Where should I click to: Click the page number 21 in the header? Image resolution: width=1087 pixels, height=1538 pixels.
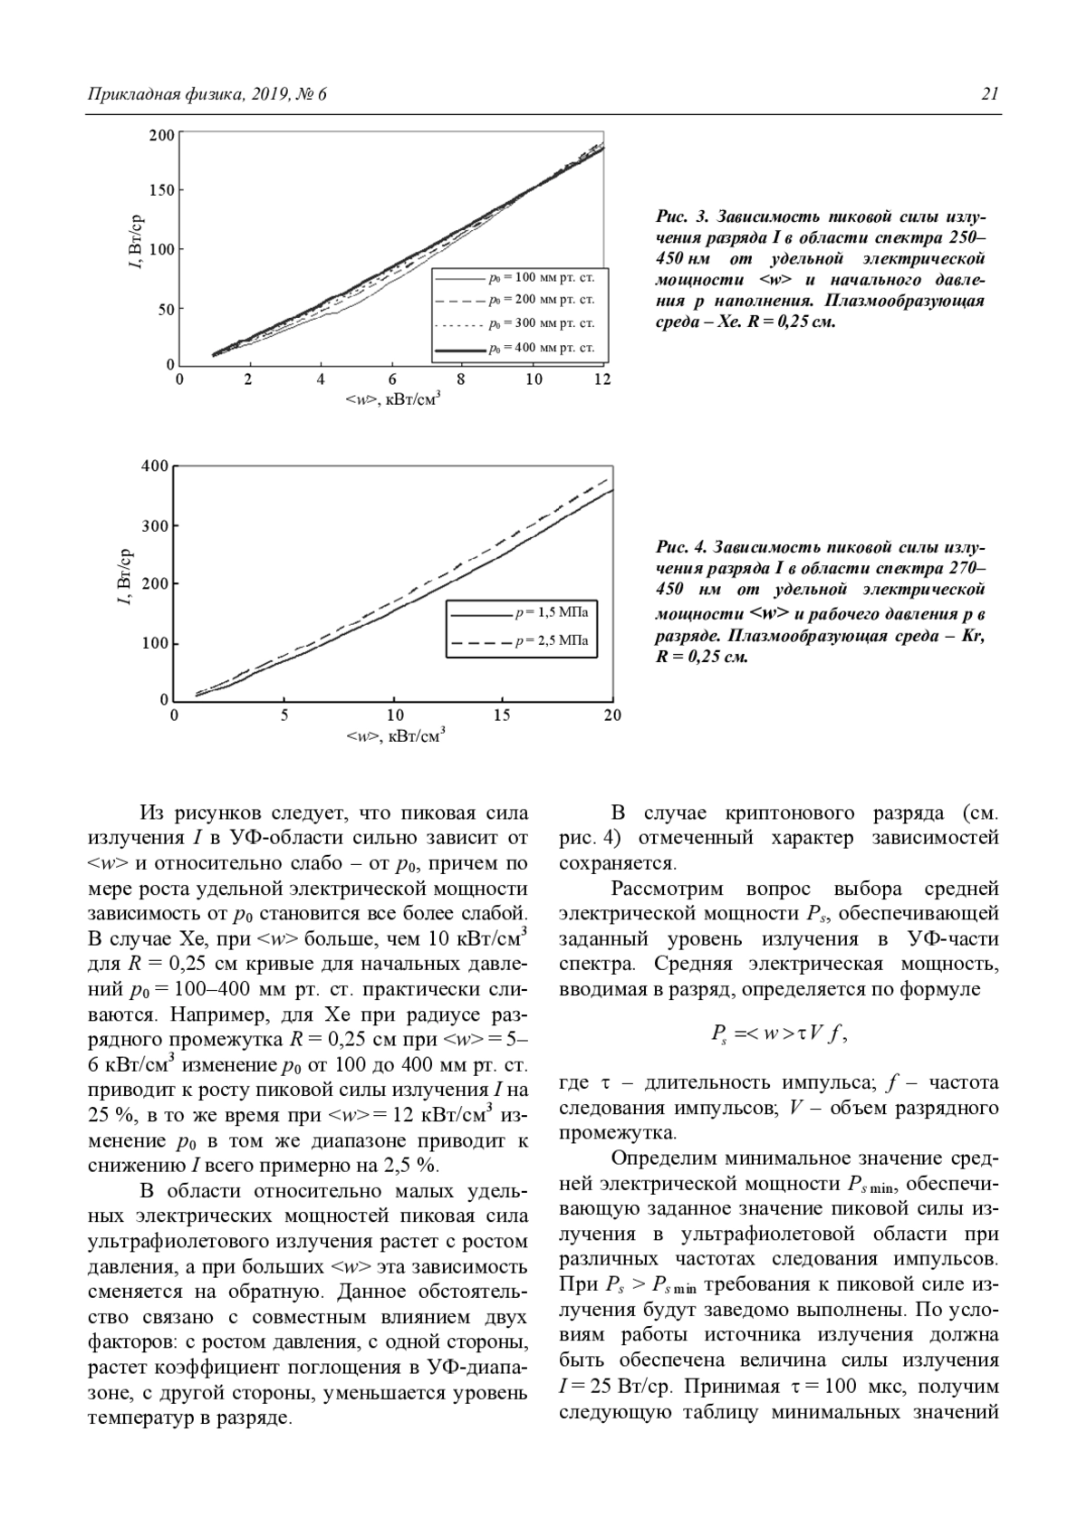(989, 94)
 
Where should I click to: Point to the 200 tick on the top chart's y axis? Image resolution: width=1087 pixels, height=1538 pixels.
(162, 136)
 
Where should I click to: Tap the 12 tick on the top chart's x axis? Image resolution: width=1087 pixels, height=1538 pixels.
(602, 380)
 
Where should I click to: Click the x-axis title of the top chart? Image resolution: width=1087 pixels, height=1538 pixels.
(392, 399)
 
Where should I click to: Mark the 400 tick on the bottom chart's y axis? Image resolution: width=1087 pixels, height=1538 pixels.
(156, 466)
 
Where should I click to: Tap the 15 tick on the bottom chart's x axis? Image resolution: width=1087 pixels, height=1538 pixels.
(503, 716)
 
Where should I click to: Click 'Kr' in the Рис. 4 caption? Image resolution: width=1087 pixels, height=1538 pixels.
(975, 635)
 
